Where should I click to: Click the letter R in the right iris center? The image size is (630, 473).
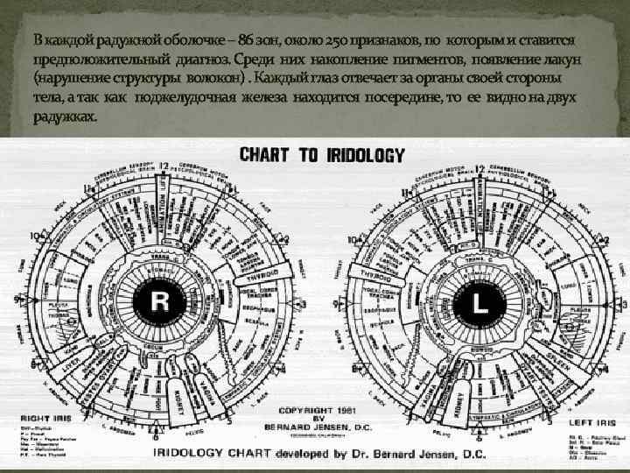(x=160, y=302)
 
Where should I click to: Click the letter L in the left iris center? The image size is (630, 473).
(x=479, y=302)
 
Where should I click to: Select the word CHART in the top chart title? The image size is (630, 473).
(x=267, y=155)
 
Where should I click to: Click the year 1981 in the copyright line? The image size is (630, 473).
(x=344, y=410)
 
